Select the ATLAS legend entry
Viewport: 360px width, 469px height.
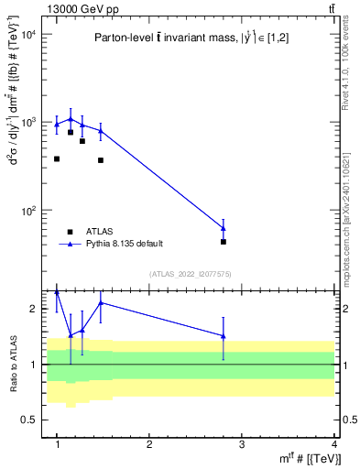(100, 231)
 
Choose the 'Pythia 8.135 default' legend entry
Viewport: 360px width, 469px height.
(124, 244)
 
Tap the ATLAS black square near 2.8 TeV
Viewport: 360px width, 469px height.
(224, 242)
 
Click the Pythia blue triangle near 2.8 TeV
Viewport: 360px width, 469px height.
(224, 228)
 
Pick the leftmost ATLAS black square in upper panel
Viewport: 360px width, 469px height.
(57, 158)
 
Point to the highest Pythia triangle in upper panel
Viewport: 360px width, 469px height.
(71, 119)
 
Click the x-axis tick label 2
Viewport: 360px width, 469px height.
(149, 444)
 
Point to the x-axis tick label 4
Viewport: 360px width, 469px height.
(334, 444)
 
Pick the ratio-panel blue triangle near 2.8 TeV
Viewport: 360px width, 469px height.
(224, 336)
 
